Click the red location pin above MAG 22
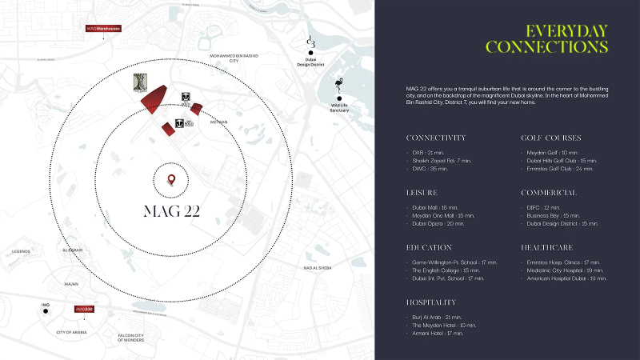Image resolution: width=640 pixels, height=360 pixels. (x=170, y=179)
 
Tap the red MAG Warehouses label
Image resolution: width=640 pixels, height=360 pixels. (x=103, y=29)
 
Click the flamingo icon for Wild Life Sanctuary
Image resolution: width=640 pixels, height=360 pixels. (x=339, y=85)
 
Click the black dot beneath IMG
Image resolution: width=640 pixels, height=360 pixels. (x=46, y=312)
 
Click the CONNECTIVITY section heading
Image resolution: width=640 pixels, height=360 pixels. (x=436, y=138)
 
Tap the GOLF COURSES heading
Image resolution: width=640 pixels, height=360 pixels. (x=551, y=138)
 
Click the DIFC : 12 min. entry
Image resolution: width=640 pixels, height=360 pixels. (x=541, y=207)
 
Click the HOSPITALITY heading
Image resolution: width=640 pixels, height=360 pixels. (x=432, y=302)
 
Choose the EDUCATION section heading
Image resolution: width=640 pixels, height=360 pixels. (x=430, y=248)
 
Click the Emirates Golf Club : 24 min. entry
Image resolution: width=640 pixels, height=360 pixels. (x=560, y=168)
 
